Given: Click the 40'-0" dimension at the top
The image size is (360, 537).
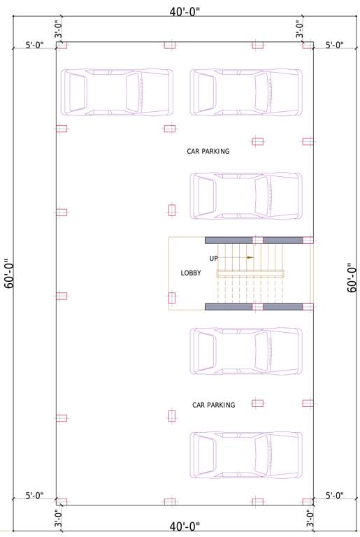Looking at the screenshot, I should pos(185,12).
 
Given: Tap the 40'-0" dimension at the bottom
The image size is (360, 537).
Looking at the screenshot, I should pos(185,526).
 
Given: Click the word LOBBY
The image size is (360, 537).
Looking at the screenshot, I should pos(191,273).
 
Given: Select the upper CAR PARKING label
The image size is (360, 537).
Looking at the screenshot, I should pos(208,151).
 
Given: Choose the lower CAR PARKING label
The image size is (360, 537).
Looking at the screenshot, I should pos(213,405).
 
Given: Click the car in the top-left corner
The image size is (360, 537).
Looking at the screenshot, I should pos(116,92).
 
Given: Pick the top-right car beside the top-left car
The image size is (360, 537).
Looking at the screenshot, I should pos(246,92).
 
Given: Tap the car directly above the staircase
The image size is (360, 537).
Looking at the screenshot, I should pos(246,196).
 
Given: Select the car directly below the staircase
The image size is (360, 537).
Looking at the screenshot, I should pos(246,351).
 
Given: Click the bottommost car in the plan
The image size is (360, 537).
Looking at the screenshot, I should pos(246,455).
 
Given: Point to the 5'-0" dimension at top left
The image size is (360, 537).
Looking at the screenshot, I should pos(34,45).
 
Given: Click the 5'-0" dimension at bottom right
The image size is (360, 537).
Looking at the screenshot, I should pos(335,496).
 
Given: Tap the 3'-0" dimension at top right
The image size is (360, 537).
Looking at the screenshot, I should pos(299,29).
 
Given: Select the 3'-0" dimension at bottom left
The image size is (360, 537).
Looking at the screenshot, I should pos(59,518).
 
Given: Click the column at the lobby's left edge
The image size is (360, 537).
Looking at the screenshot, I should pos(172,298).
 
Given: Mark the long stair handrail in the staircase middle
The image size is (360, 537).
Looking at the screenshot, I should pos(250,273).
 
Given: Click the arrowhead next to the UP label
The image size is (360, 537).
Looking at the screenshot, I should pos(250,257).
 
